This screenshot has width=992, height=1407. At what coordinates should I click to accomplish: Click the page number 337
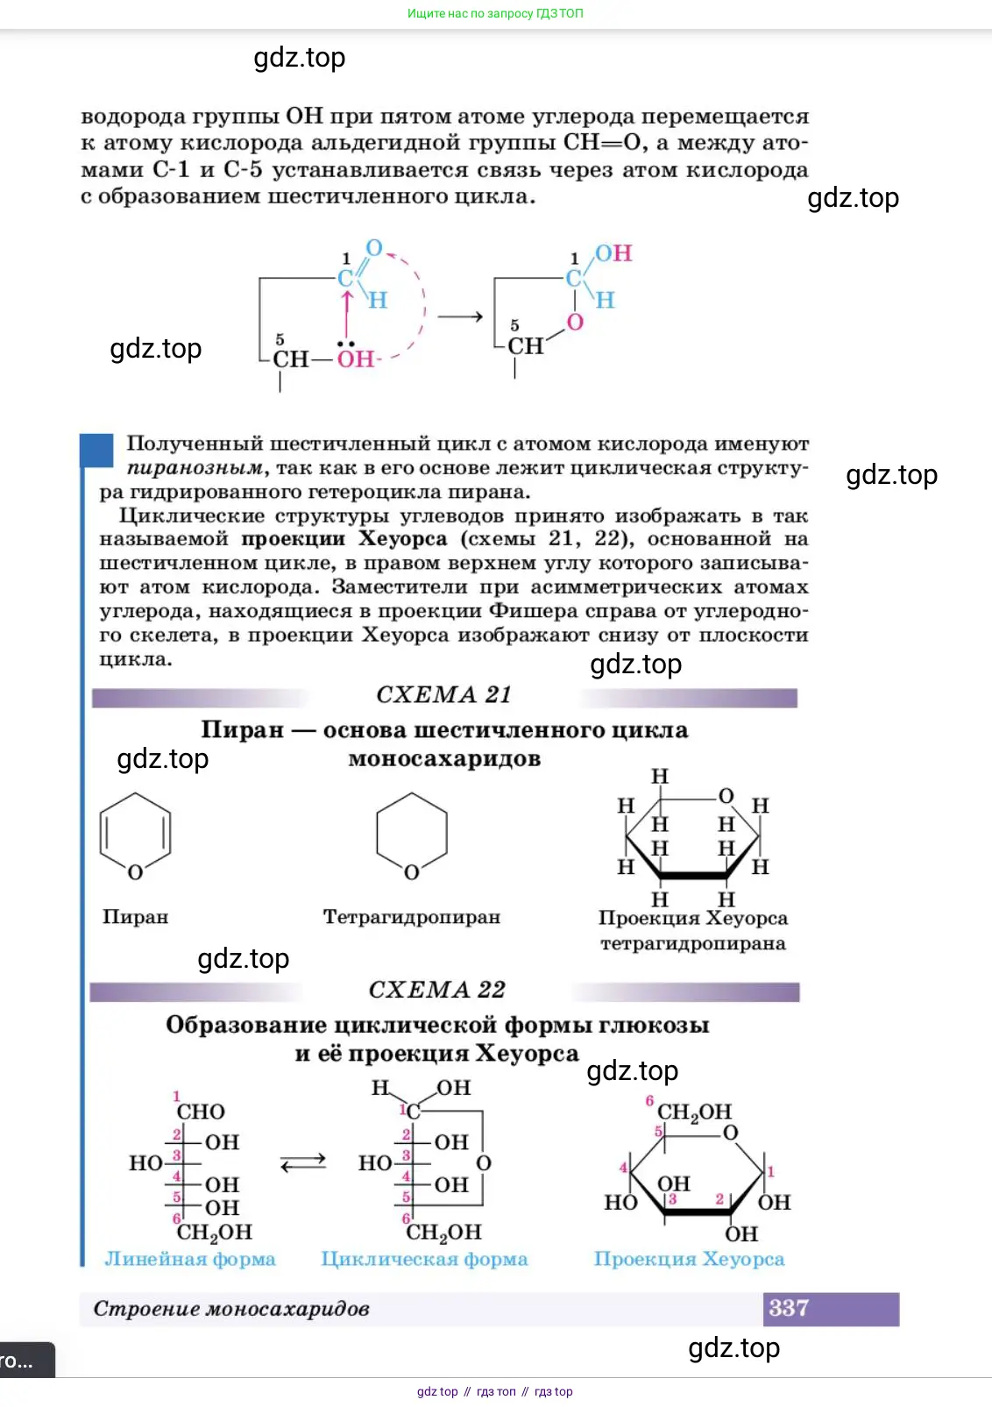point(789,1308)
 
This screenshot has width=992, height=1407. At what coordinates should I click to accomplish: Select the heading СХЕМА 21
point(443,694)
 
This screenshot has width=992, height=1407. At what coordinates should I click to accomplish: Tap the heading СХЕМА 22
point(437,989)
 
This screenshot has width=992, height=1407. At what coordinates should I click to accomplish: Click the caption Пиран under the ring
point(135,917)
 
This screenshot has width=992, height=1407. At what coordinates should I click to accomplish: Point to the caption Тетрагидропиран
point(411,917)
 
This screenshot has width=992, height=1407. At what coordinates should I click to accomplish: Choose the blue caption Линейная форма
point(190,1259)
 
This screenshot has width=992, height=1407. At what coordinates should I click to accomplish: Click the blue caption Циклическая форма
point(424,1259)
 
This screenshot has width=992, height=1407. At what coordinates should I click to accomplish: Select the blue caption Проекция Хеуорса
point(689,1259)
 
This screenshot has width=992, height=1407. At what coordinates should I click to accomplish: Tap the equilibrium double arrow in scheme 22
point(303,1162)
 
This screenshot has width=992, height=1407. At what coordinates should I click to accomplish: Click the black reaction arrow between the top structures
point(460,316)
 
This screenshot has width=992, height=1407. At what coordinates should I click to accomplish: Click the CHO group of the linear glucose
point(201,1112)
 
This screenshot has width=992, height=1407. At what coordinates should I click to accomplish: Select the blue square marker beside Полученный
point(97,451)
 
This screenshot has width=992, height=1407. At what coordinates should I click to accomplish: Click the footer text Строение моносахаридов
point(231,1309)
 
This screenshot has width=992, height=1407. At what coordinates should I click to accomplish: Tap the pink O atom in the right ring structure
point(575,322)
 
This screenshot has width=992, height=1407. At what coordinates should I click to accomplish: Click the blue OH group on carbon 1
point(613,253)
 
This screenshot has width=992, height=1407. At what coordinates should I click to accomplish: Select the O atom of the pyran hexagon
point(135,872)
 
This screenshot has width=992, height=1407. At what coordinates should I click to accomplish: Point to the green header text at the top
point(495,13)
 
